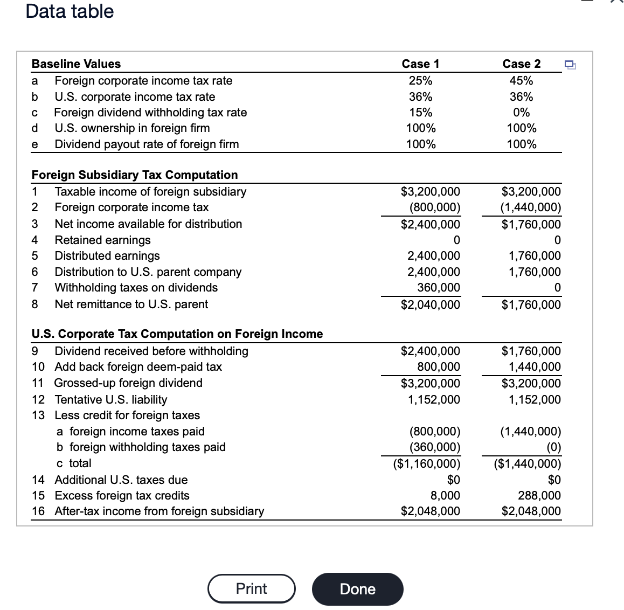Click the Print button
[252, 588]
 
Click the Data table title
[70, 11]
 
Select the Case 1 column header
[420, 64]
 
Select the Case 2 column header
[521, 64]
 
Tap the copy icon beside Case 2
[570, 65]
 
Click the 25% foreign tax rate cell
[420, 81]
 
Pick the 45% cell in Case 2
[521, 81]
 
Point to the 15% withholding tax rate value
[420, 113]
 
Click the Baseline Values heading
[76, 64]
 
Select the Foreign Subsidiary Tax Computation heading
[135, 175]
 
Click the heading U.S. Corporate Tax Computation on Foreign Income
[177, 334]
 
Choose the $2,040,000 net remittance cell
[431, 304]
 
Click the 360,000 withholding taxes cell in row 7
[435, 288]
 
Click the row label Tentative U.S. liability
[110, 399]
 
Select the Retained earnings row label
[102, 240]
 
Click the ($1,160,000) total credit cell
[426, 463]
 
